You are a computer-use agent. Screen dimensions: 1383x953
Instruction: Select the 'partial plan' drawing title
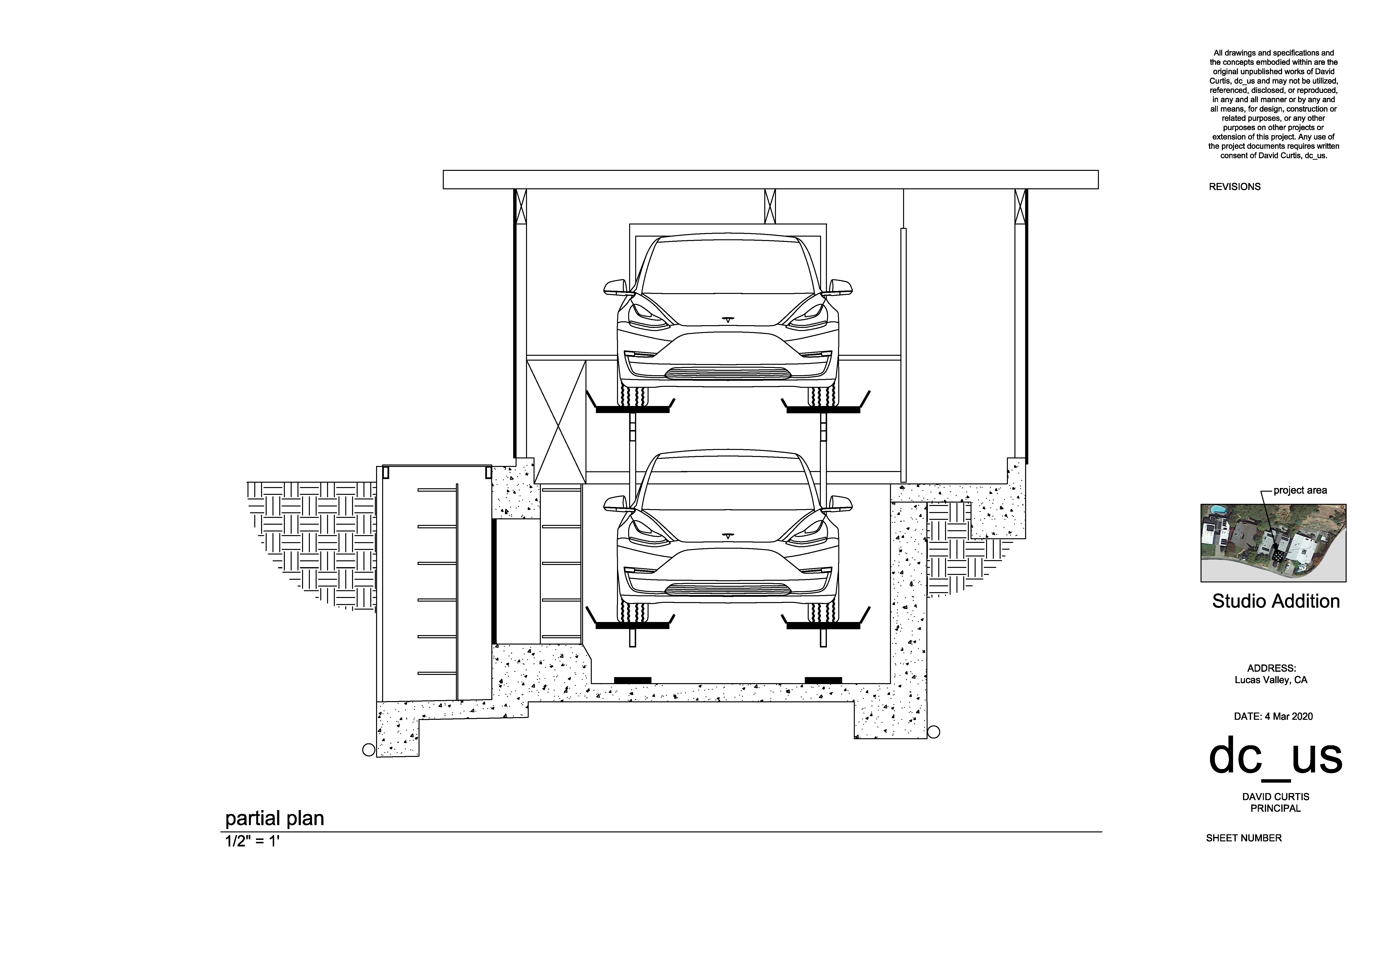[x=275, y=818]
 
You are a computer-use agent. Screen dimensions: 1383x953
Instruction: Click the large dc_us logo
[x=1275, y=758]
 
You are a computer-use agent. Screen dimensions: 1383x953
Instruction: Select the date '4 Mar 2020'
[x=1288, y=717]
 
